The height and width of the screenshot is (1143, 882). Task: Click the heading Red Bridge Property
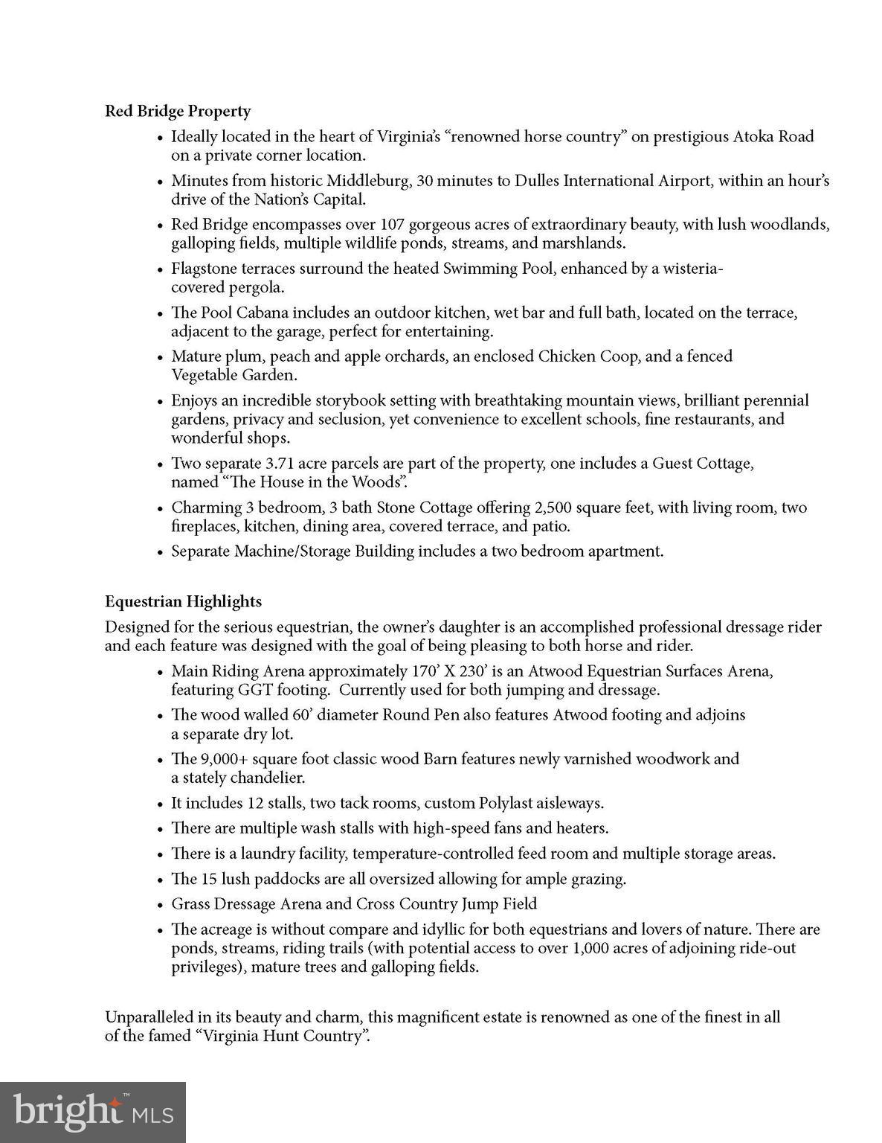click(x=178, y=112)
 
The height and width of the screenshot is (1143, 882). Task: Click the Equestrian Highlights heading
click(x=183, y=601)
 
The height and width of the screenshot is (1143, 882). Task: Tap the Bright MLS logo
click(x=92, y=1112)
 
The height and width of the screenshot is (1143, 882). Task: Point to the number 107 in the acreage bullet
click(x=393, y=225)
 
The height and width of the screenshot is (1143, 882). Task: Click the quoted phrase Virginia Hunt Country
click(x=283, y=1037)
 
